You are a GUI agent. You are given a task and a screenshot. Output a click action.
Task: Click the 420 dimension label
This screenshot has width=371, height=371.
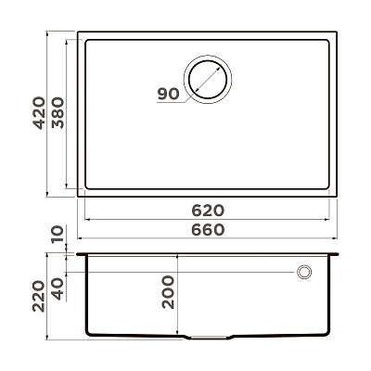(x=39, y=113)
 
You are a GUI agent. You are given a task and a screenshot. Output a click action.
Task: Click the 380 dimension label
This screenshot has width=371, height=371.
(x=58, y=113)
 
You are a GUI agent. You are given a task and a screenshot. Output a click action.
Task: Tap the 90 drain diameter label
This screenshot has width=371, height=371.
(x=169, y=94)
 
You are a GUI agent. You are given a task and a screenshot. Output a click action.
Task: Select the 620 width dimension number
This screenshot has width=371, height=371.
(x=208, y=211)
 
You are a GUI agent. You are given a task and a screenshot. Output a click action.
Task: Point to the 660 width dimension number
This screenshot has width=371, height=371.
(x=208, y=230)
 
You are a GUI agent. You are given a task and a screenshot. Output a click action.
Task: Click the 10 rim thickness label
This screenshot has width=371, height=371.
(x=58, y=235)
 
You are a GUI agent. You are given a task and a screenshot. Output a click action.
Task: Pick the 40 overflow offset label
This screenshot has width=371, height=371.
(x=58, y=289)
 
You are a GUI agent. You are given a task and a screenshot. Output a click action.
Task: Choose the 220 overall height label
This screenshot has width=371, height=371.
(x=39, y=296)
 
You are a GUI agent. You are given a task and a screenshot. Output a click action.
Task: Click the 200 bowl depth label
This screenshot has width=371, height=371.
(x=168, y=292)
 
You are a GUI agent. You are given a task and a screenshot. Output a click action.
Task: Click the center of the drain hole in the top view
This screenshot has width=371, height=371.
(x=208, y=79)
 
